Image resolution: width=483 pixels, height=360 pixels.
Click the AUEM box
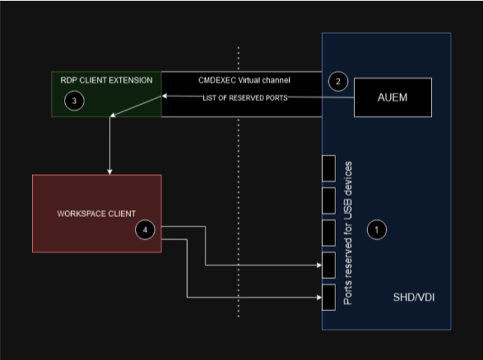coord(393,97)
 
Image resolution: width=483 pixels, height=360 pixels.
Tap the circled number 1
coord(376,229)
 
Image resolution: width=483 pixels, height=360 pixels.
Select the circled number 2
coord(338,83)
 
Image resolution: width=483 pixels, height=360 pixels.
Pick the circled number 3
coord(74,100)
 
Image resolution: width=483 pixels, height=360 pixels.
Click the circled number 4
coord(145,229)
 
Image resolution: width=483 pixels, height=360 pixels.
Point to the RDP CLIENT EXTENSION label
coord(106,80)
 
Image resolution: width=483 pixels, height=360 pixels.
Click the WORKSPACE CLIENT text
coord(96,213)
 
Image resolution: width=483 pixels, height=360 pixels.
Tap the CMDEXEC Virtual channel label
coord(244,80)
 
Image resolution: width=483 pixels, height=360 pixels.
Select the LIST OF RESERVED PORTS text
coord(245,97)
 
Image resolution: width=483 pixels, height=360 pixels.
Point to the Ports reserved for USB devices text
coord(349,233)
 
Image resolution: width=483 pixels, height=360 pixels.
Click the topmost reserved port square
coord(328,168)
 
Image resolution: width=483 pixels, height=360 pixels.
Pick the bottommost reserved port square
coord(328,297)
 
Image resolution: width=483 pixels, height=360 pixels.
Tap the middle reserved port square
coord(328,233)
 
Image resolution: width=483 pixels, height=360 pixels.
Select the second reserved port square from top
coord(328,200)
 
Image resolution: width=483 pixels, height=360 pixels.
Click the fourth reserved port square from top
coord(328,265)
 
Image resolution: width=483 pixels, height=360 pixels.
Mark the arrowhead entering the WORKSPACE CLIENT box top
coord(109,172)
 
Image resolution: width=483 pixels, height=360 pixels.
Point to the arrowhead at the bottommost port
coord(319,297)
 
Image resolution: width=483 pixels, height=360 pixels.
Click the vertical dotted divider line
coord(239,179)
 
